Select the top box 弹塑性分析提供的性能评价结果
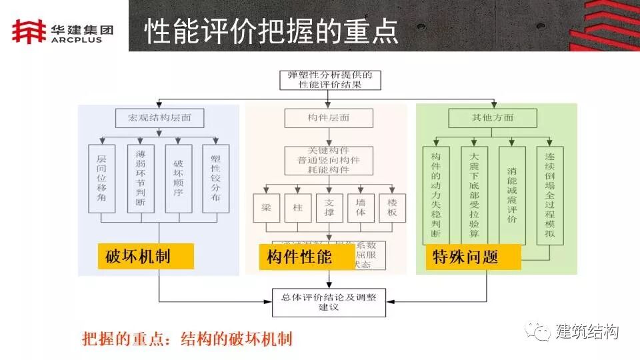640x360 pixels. [x=329, y=79]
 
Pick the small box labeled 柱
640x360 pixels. [x=297, y=208]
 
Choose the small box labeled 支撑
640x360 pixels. [x=329, y=208]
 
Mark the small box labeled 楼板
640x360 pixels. [x=392, y=208]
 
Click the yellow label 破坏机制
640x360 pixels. [x=145, y=256]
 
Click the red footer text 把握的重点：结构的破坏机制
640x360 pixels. [x=187, y=339]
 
